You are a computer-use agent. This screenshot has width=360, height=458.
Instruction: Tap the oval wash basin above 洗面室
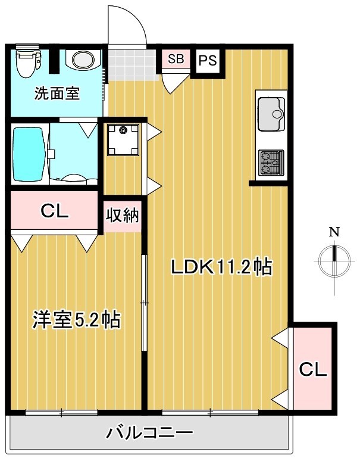point(80,60)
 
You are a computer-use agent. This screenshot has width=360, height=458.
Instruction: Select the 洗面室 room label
point(57,94)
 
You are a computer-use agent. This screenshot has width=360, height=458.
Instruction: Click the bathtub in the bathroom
point(28,154)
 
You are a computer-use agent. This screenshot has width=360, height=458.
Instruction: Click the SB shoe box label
point(176,59)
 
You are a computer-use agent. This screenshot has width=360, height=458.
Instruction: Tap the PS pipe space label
point(207,60)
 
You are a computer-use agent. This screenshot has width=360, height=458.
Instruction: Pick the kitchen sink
point(271,113)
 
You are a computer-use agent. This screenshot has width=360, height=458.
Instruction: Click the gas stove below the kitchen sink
point(271,163)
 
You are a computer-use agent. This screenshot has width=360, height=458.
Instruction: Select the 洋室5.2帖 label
point(76,320)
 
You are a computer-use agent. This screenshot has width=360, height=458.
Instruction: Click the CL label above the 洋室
point(54,210)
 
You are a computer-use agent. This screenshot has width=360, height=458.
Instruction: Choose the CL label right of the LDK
point(312,369)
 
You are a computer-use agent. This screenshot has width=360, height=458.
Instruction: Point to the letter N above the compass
point(335,232)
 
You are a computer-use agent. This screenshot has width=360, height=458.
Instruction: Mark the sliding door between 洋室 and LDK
point(143,304)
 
